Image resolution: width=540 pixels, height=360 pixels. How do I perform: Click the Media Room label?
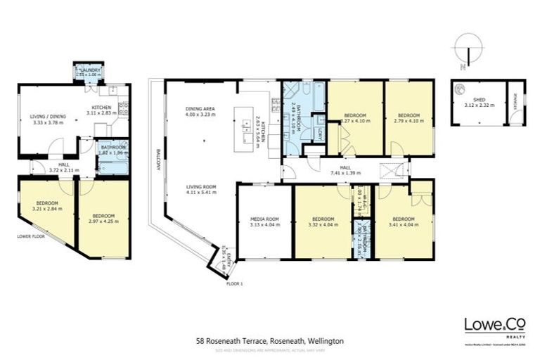pos(264,222)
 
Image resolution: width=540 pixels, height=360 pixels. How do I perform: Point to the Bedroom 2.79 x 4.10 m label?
pos(409,118)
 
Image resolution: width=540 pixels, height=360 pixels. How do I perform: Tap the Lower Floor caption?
pos(31,237)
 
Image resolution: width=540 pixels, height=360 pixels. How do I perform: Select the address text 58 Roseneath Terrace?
pos(270,340)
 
